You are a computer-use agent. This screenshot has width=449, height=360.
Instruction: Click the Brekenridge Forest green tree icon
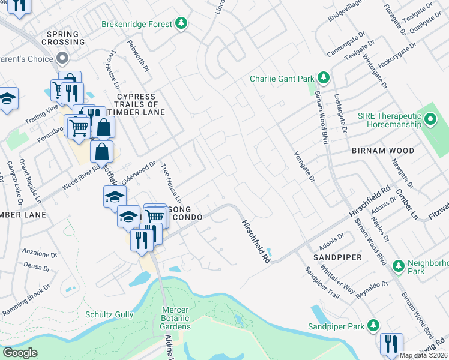point(181,24)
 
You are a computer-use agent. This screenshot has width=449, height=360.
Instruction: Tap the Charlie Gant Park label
point(282,79)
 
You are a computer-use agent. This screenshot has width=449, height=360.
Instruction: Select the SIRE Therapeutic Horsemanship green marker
point(429,121)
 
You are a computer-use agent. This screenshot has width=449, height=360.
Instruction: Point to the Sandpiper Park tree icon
point(373,326)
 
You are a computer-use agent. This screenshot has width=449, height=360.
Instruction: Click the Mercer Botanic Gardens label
point(176,318)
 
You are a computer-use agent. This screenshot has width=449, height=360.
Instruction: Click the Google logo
point(20,353)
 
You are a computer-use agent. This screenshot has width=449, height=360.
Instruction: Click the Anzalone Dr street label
point(40,253)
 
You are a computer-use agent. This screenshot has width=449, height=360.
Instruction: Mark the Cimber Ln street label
point(406,202)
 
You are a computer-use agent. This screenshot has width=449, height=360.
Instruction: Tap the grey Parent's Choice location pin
point(62,58)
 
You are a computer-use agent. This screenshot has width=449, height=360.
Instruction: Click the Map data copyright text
point(424,355)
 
